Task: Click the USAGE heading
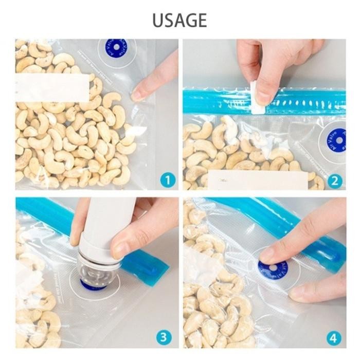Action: click(x=179, y=20)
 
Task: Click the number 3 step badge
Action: click(x=164, y=337)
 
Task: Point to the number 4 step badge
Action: click(x=333, y=338)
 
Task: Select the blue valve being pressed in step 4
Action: click(x=272, y=268)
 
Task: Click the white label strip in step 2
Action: click(x=257, y=179)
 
